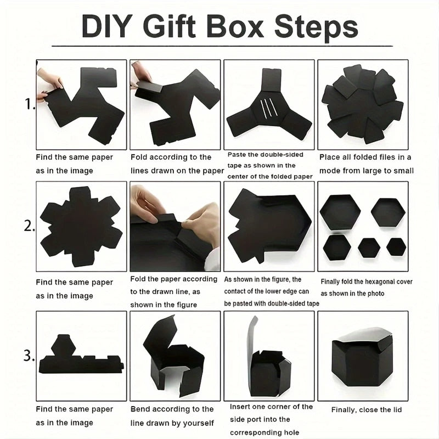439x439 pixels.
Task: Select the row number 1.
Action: tap(30, 104)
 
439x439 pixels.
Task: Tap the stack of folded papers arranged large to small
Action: tap(362, 104)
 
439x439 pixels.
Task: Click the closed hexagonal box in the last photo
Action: tap(362, 357)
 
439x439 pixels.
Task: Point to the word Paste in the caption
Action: tap(237, 155)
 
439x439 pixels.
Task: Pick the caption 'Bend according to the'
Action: tap(172, 409)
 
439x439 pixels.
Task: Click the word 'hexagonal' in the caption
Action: tap(379, 282)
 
